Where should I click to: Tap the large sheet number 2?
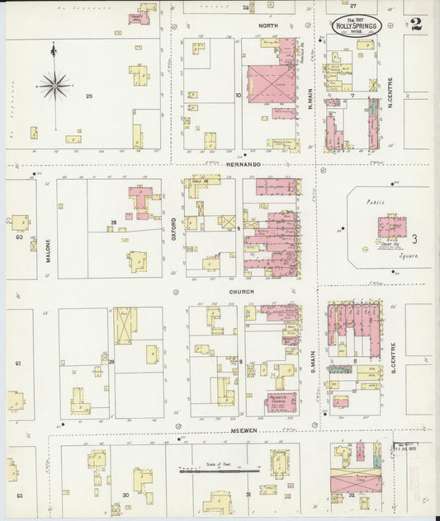click(x=415, y=22)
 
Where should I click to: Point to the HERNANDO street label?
click(x=244, y=165)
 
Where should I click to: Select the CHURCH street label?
click(x=242, y=292)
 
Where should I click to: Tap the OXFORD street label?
click(x=173, y=227)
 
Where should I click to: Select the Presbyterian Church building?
click(x=286, y=393)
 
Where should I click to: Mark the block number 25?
click(x=88, y=96)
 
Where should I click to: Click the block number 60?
click(x=18, y=237)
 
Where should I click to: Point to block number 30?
click(x=125, y=495)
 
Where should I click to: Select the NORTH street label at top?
click(x=267, y=26)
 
